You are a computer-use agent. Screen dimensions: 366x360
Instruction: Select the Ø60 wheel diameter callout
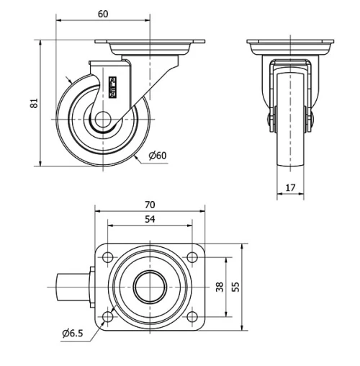(158, 156)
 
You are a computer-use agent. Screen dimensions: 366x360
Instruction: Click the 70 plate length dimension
(150, 205)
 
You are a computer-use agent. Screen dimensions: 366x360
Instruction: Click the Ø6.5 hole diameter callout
(73, 332)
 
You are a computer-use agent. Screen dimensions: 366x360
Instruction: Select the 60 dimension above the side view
(103, 14)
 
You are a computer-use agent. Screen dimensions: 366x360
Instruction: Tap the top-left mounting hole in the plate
(107, 256)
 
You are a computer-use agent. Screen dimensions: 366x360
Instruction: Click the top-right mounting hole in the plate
(193, 256)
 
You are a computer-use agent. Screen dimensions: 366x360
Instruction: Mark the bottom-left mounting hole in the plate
(107, 316)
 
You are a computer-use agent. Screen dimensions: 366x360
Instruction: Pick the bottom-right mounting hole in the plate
(193, 316)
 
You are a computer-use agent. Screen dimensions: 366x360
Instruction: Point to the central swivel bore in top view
(150, 287)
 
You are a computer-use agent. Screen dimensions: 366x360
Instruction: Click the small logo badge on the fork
(112, 86)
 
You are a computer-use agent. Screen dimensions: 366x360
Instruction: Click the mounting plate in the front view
(291, 46)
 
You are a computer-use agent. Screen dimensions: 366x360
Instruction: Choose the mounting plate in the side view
(150, 45)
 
